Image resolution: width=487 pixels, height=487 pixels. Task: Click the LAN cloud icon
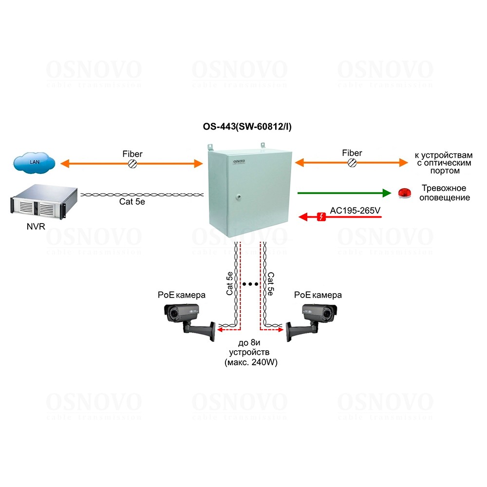click(33, 163)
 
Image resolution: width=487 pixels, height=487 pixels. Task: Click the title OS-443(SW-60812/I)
click(247, 127)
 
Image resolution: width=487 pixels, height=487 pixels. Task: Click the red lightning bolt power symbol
click(320, 217)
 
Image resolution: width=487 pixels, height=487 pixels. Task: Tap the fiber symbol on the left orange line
click(132, 164)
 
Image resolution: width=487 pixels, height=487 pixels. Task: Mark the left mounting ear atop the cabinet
click(211, 146)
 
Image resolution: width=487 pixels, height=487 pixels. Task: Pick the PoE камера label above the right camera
click(318, 295)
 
